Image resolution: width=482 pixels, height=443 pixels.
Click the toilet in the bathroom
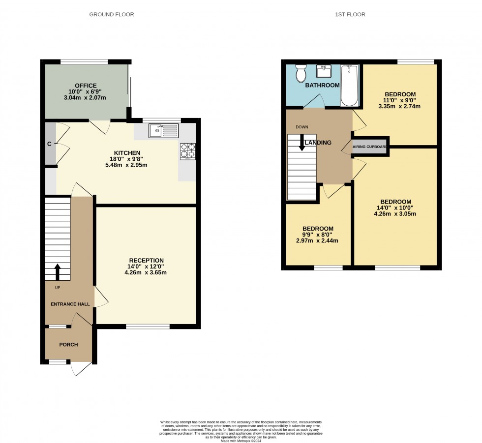click(x=301, y=74)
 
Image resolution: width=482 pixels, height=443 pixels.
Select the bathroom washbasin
click(x=324, y=72)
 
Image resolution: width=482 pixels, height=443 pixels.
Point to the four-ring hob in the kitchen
click(x=188, y=151)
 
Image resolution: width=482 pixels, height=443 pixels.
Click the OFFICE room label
click(x=86, y=86)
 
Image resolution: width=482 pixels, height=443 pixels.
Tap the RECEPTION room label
click(x=146, y=260)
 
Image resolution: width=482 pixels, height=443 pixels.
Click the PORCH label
click(x=68, y=345)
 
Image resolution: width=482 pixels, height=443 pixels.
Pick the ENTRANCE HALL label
click(x=70, y=304)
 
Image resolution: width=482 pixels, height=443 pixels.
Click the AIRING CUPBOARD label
click(x=370, y=147)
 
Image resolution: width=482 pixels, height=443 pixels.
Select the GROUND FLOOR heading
click(x=111, y=15)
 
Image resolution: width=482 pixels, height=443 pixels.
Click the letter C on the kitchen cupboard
click(x=49, y=144)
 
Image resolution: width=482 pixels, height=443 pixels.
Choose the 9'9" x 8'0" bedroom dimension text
click(x=318, y=235)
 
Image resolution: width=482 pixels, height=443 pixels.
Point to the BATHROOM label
click(x=322, y=85)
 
